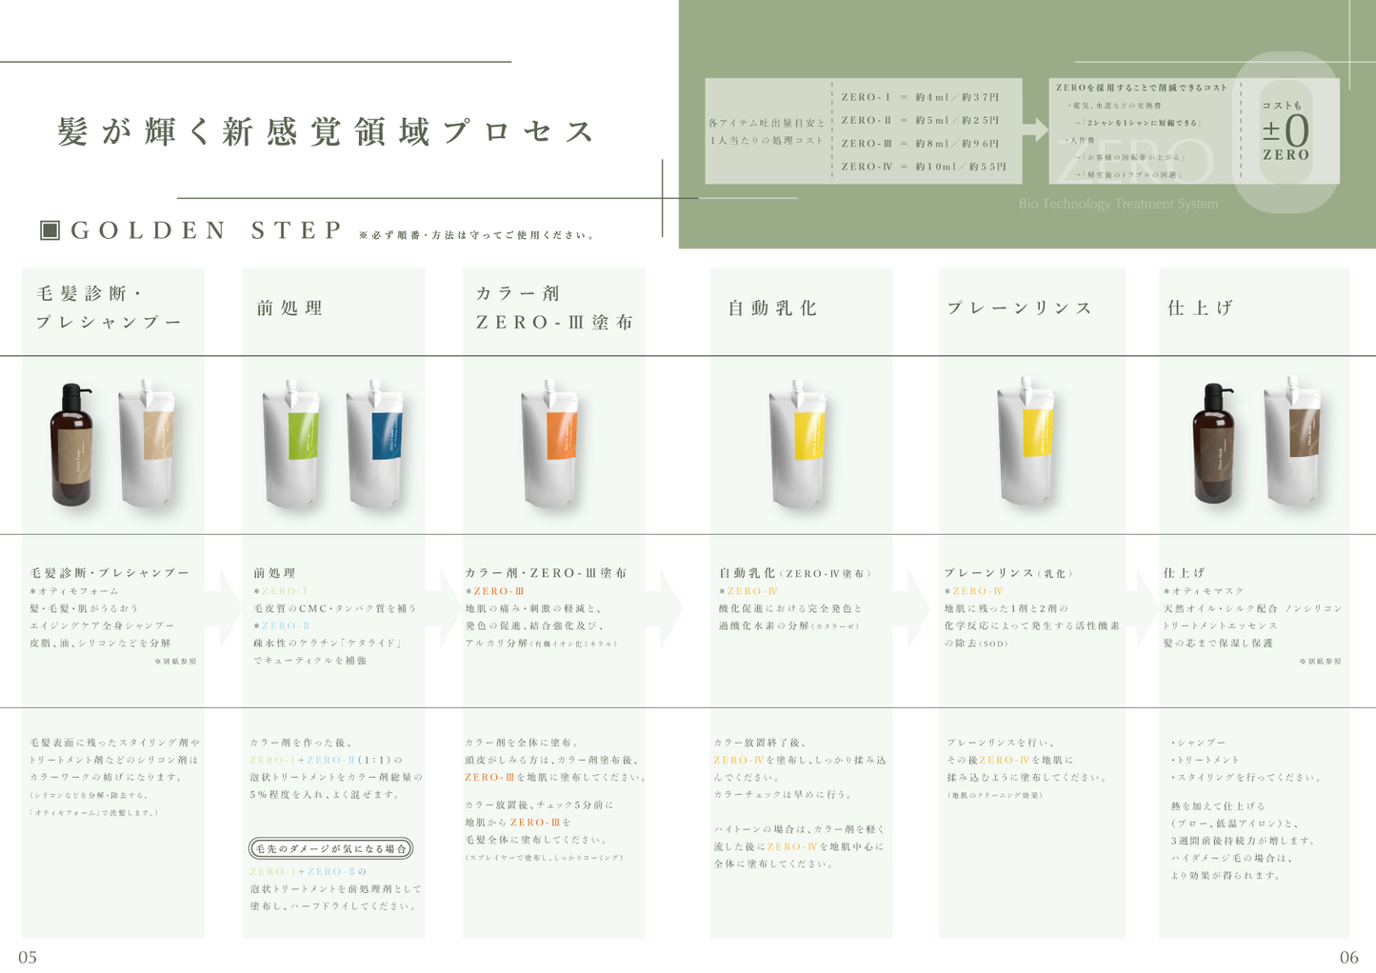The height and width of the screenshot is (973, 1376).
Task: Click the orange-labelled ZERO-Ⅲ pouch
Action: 549,442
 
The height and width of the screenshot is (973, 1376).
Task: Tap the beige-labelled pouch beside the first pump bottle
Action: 149,442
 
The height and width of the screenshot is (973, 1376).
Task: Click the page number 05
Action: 28,957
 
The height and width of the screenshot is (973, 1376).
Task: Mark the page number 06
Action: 1348,957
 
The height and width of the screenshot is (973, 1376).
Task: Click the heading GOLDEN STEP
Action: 206,230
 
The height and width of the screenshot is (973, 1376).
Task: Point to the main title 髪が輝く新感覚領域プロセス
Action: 327,131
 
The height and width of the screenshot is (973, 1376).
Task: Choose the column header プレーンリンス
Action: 1020,308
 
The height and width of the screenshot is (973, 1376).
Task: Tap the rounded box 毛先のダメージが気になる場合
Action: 331,847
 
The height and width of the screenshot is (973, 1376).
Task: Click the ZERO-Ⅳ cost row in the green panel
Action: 923,167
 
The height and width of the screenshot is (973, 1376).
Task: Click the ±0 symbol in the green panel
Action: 1286,130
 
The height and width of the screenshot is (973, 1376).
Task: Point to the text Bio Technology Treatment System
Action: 1118,204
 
